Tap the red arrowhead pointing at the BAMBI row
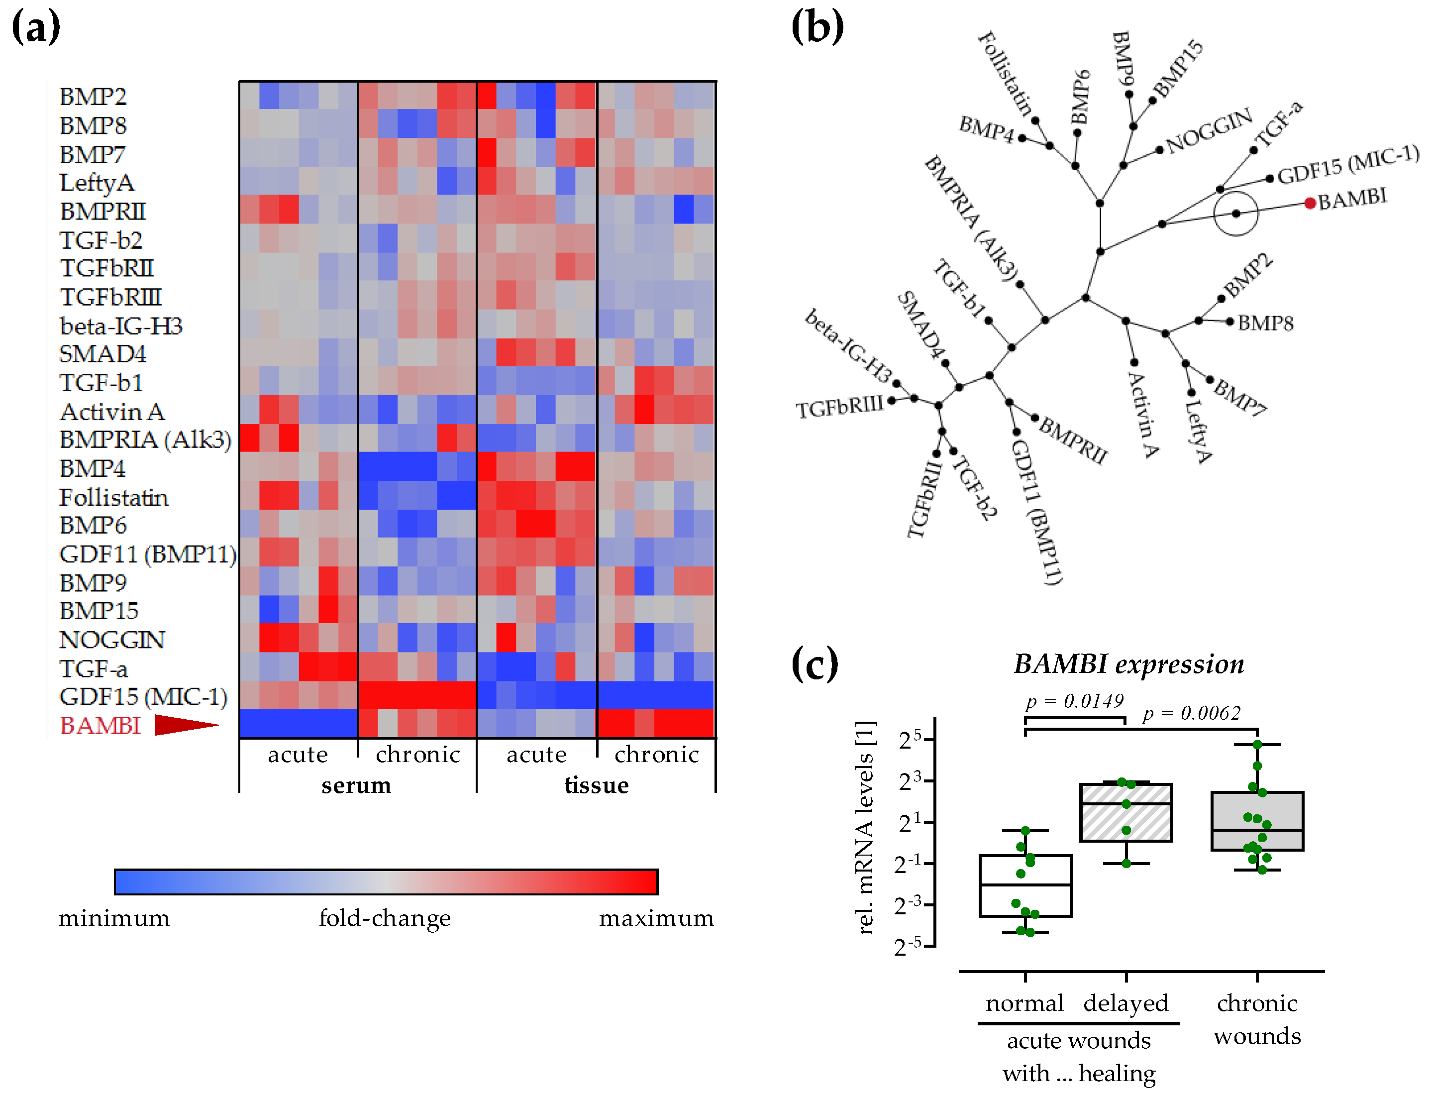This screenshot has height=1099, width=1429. coord(185,725)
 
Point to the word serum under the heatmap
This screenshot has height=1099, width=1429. coord(356,785)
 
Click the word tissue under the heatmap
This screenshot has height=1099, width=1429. coord(597,785)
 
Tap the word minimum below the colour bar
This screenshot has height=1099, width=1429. coord(114,918)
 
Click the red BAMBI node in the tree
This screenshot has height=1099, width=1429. coord(1310,204)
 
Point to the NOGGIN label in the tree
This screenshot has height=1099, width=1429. coord(1209,130)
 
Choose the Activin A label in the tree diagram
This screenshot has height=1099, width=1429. coord(1143,416)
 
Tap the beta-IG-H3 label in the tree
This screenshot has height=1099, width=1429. coord(848,346)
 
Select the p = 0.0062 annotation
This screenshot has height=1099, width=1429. coord(1191,713)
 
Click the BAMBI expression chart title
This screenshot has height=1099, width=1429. coord(1129,664)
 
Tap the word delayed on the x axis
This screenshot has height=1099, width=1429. coord(1125,1003)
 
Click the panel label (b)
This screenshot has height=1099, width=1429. coord(817,27)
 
